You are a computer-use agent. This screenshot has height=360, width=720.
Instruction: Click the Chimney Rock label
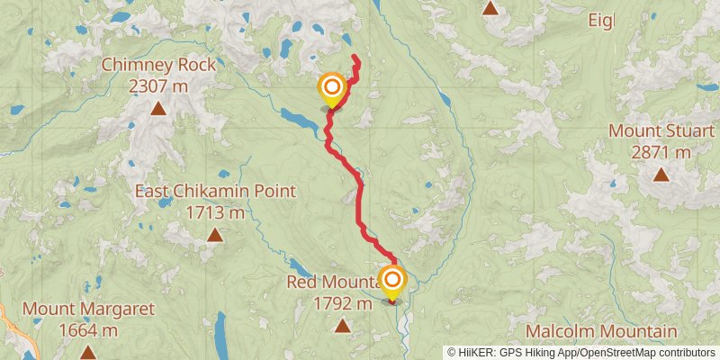(x=158, y=65)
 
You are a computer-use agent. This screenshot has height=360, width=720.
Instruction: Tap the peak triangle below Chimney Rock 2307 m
(x=158, y=110)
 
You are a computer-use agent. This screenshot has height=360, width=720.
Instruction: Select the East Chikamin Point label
(x=215, y=191)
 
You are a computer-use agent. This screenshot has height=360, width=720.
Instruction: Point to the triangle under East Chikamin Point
(x=215, y=236)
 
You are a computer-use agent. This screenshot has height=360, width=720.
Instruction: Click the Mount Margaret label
(x=88, y=309)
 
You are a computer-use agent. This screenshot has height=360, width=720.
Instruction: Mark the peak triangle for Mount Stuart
(x=661, y=175)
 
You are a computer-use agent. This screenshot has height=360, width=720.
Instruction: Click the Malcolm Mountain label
(x=601, y=331)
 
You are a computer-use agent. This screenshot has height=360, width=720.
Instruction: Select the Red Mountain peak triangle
(x=342, y=325)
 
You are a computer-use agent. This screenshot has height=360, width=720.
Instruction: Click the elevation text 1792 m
(x=342, y=304)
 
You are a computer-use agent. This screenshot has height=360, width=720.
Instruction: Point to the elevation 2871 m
(x=662, y=152)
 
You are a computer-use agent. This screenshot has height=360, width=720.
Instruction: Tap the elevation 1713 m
(x=215, y=213)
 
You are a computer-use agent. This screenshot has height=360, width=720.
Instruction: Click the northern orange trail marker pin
(x=332, y=88)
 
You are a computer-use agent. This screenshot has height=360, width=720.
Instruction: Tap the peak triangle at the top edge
(x=490, y=9)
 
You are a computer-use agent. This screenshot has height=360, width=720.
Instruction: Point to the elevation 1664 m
(x=88, y=330)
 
